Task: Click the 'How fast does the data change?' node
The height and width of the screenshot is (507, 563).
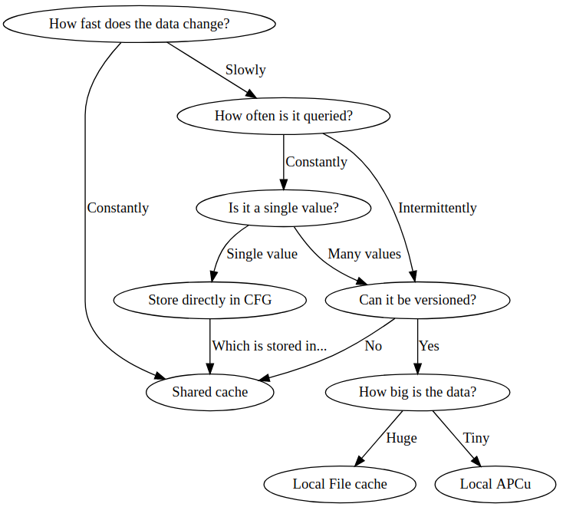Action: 139,24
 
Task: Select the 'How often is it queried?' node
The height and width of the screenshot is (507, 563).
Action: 283,116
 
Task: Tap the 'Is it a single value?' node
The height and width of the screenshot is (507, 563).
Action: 283,208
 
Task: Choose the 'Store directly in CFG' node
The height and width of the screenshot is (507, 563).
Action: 209,300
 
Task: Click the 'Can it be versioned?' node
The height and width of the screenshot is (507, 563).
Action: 417,300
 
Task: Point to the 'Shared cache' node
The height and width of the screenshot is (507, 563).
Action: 209,392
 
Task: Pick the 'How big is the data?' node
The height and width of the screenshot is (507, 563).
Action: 417,392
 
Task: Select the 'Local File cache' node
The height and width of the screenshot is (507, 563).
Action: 340,484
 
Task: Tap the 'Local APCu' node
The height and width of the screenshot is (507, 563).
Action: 495,484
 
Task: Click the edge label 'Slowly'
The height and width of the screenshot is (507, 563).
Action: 245,70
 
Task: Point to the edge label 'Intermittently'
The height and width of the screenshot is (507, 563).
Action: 437,208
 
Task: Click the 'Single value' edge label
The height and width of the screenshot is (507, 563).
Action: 262,254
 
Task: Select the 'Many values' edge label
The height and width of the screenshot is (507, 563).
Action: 364,254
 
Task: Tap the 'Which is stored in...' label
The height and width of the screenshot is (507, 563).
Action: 269,346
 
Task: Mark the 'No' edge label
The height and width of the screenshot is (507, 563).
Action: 373,346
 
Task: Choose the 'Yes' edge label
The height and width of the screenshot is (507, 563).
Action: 429,346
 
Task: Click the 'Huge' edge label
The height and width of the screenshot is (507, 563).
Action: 401,438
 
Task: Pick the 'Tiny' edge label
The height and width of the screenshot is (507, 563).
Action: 476,438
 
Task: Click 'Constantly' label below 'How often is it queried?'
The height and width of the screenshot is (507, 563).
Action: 316,162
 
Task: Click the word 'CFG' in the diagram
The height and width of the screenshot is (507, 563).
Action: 258,300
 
